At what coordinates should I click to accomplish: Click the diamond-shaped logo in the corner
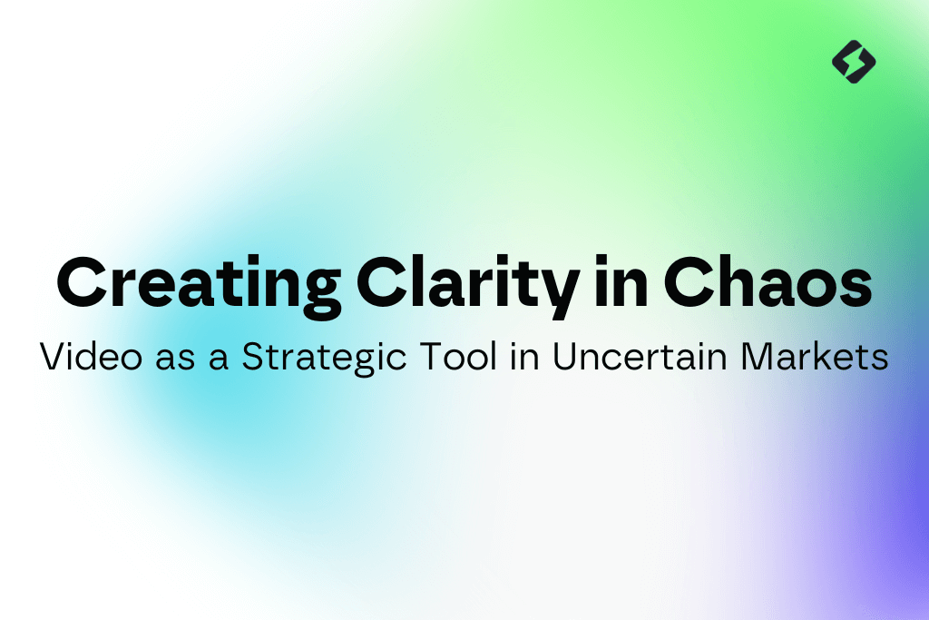[854, 62]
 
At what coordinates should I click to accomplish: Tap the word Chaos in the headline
[768, 282]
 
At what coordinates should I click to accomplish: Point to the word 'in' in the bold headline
[621, 281]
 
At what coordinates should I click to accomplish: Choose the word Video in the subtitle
[92, 356]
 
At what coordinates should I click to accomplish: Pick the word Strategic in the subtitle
[324, 358]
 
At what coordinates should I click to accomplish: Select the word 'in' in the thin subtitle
[525, 357]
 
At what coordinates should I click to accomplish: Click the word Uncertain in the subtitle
[640, 356]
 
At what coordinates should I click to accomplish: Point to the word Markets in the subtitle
[815, 356]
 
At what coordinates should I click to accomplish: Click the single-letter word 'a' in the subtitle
[218, 359]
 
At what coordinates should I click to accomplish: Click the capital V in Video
[54, 356]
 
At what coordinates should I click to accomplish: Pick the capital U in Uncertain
[566, 357]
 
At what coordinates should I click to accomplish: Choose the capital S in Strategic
[254, 356]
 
